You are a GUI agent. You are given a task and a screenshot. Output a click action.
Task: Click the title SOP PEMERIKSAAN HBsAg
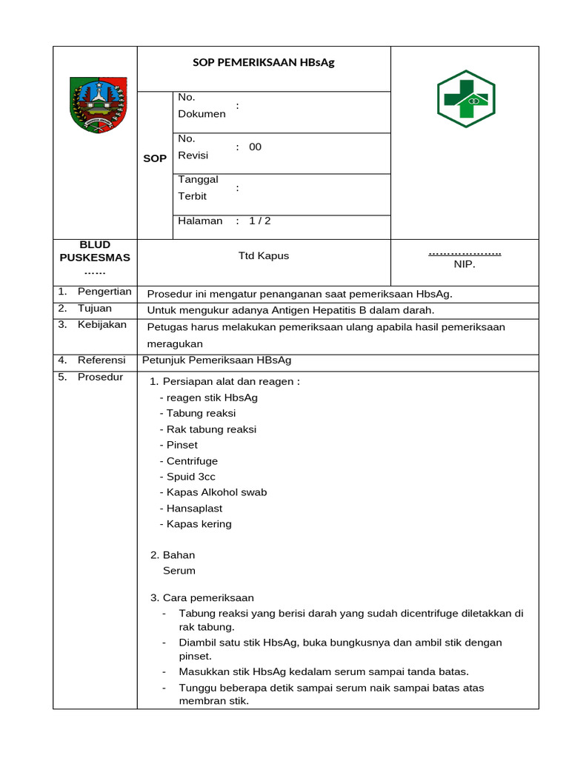click(x=264, y=62)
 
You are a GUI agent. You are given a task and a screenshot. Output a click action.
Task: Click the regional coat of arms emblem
click(x=98, y=104)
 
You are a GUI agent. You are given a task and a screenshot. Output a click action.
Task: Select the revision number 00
click(x=255, y=147)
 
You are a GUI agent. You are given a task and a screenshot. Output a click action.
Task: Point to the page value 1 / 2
click(x=259, y=221)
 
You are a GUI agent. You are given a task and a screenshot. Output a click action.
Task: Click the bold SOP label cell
click(x=155, y=158)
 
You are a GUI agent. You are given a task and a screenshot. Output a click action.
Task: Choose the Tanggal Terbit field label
click(x=198, y=188)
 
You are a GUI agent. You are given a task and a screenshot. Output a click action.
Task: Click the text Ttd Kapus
click(x=264, y=255)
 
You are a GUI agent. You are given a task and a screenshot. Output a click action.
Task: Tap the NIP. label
click(x=465, y=264)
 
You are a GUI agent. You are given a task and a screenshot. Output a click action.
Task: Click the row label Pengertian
click(x=104, y=292)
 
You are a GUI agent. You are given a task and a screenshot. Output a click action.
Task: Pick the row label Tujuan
click(x=95, y=308)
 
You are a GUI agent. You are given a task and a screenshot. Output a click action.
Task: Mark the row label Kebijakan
click(x=102, y=324)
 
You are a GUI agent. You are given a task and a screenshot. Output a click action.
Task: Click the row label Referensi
click(x=102, y=360)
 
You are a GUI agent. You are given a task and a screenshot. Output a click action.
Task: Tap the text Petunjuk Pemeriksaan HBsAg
click(x=216, y=360)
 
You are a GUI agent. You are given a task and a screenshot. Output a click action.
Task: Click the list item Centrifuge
click(x=191, y=461)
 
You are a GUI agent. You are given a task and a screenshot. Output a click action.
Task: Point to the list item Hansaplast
click(x=193, y=509)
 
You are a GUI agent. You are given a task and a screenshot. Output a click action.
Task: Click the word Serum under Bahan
click(x=179, y=571)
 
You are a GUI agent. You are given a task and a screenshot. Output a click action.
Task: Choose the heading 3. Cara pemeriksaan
click(x=202, y=597)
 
